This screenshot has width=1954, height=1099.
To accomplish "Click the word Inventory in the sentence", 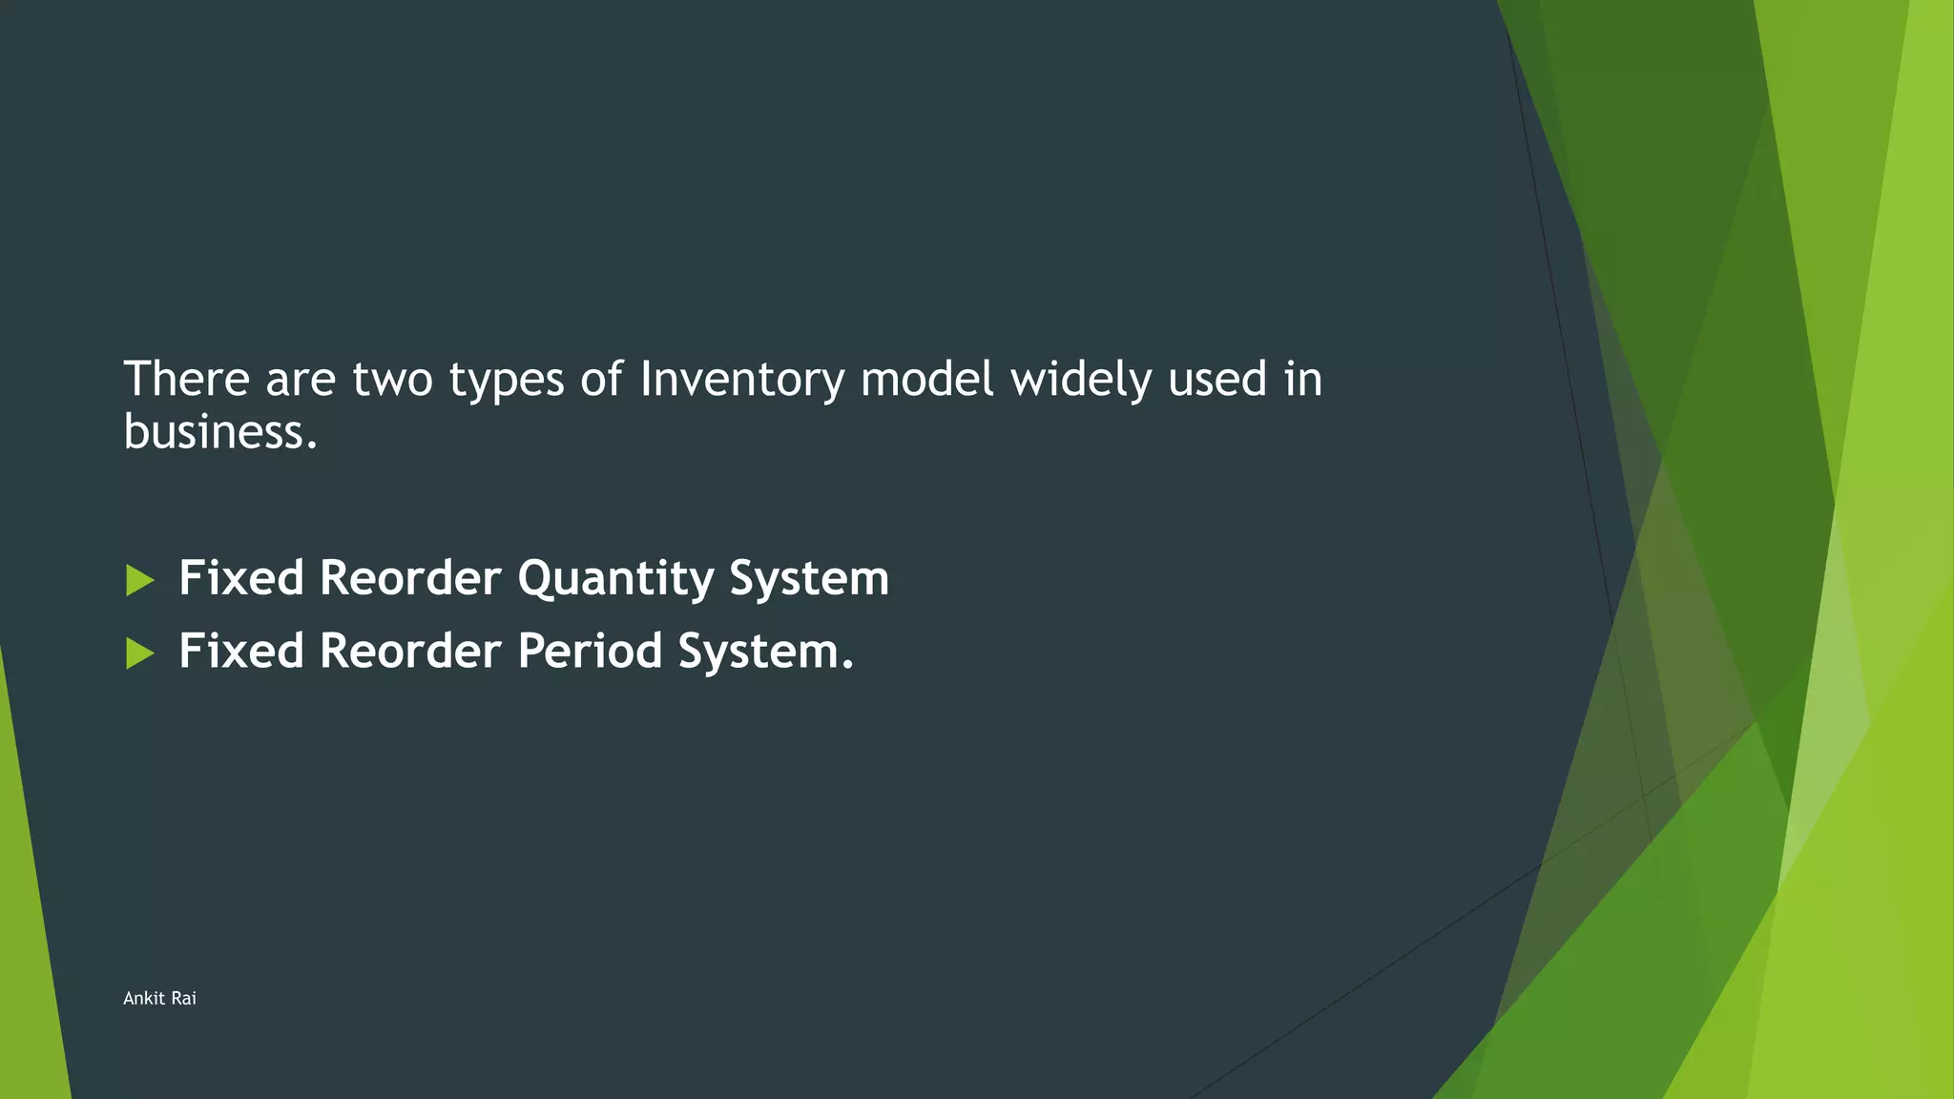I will [x=741, y=380].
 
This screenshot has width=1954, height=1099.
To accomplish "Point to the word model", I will [x=926, y=380].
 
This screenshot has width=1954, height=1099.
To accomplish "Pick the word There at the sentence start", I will [x=187, y=380].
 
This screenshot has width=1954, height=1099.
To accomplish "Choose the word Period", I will [x=590, y=652].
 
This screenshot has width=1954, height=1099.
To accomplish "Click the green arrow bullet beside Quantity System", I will [x=139, y=580].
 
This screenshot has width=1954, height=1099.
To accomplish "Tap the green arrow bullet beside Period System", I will [x=139, y=653].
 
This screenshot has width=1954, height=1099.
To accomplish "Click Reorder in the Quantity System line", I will [x=410, y=579].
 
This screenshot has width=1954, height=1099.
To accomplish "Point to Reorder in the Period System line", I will [x=410, y=652].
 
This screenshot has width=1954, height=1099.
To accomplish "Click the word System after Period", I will [x=765, y=653].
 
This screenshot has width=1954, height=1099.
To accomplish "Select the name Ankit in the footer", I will [x=144, y=998].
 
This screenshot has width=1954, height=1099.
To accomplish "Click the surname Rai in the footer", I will [x=184, y=998].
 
